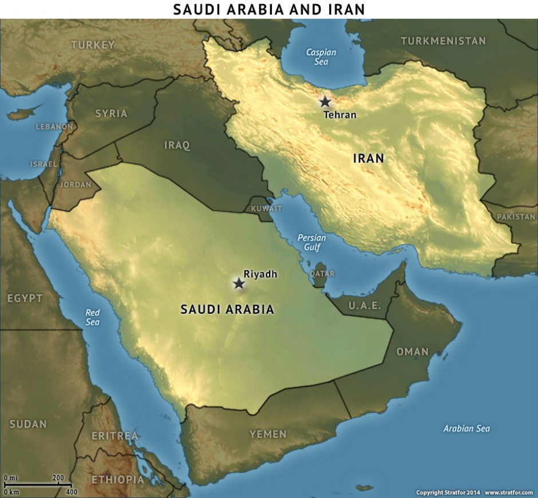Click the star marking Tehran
[325, 102]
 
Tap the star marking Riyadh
[239, 283]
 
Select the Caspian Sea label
[321, 57]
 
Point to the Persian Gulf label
[312, 243]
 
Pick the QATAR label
[322, 274]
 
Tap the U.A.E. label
[365, 306]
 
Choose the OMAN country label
[413, 351]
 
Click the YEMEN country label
[268, 434]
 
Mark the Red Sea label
[92, 317]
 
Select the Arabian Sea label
[466, 428]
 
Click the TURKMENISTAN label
[443, 41]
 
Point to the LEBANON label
[54, 127]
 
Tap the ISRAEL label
[43, 164]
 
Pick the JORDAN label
[75, 185]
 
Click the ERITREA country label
[114, 436]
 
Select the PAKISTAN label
[516, 217]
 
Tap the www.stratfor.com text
[509, 492]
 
